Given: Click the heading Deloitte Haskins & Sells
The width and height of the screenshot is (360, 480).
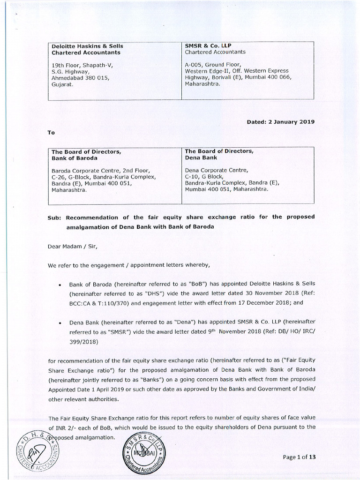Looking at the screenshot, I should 87,46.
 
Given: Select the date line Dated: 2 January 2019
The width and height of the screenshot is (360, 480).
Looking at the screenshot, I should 280,121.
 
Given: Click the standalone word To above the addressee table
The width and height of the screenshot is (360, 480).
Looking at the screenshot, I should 52,133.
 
